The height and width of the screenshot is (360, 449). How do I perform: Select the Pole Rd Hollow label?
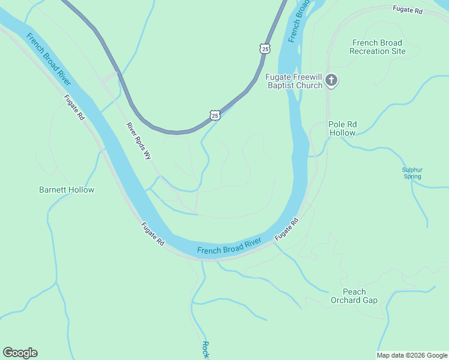point(343,128)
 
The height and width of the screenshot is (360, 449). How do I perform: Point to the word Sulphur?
point(412,170)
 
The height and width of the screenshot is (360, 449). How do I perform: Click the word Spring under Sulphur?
point(412,176)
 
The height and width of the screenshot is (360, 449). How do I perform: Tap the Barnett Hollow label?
point(67,190)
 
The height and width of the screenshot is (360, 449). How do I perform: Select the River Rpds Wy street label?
point(139,142)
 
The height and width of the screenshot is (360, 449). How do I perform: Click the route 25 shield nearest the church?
point(265,47)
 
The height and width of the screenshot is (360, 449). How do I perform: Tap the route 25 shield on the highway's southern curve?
point(215,114)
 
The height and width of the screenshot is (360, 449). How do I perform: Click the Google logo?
point(20,353)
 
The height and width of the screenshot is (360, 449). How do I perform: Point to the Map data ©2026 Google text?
point(412,355)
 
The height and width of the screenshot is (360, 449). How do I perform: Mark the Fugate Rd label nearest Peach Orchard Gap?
point(286,230)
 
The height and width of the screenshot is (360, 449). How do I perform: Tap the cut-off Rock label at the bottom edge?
point(205,350)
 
